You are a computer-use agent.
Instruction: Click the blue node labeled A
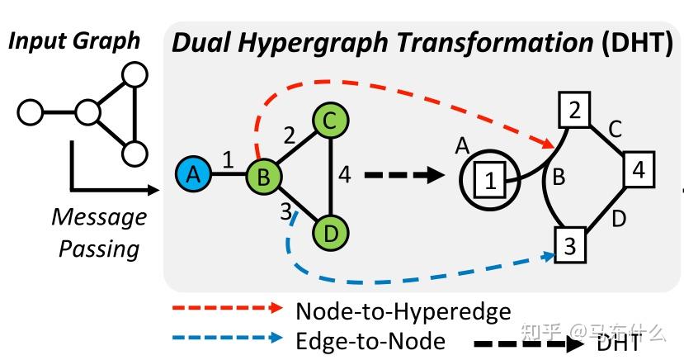coord(193,175)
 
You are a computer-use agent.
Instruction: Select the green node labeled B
coord(265,175)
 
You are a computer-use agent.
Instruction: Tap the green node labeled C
coord(329,121)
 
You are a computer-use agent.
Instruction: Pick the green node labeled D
coord(329,233)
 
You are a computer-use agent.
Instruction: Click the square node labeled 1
coord(490,182)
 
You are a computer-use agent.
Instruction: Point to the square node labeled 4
coord(639,170)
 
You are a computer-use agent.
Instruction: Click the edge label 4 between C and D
coord(345,175)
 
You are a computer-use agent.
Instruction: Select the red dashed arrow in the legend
coord(226,310)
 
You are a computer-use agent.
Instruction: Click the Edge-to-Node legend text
coord(370,340)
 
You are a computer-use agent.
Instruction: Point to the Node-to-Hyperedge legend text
coord(403,310)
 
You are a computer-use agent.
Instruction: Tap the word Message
coord(99,217)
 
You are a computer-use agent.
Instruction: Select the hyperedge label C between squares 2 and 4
coord(615,130)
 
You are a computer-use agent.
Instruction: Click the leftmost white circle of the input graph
coord(31,110)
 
